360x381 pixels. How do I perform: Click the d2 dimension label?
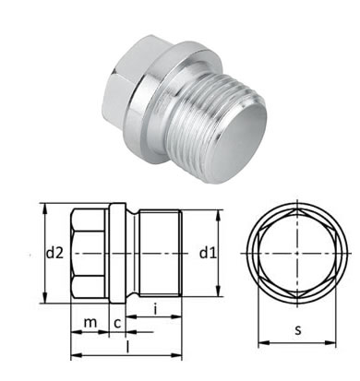pos(54,253)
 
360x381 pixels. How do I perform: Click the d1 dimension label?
pos(208,253)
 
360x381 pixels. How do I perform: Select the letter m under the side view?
pos(90,323)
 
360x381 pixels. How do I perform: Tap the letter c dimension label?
pos(117,323)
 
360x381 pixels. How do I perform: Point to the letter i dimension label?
pos(155,308)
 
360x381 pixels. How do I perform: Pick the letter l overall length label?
pos(127,347)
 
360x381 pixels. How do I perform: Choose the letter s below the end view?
pos(297,330)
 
